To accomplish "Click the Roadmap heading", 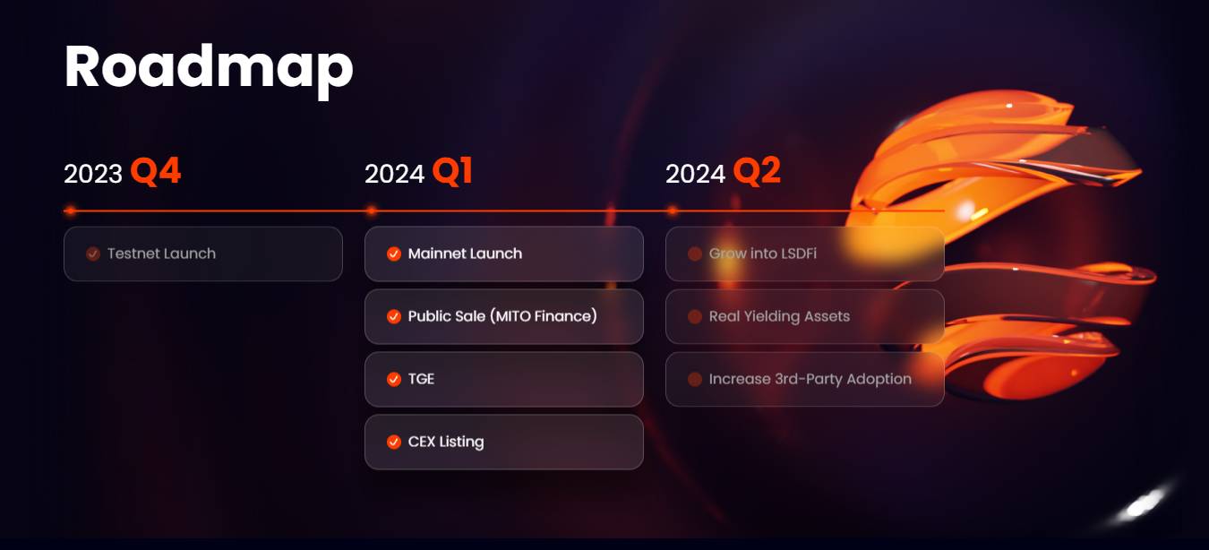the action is point(209,69).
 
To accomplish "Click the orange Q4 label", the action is point(156,172).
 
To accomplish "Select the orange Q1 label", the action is point(452,172).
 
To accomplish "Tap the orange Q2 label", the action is point(757,172).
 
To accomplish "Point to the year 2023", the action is point(93,174).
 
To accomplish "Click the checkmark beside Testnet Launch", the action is point(93,254).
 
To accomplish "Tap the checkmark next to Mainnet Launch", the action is point(394,254).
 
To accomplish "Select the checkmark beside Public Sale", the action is point(394,316).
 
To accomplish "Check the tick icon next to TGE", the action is point(394,380).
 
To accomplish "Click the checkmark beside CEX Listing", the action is point(394,442).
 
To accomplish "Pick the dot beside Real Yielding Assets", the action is point(695,316).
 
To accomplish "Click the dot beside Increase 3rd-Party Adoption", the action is point(695,380).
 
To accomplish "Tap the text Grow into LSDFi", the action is point(763,254).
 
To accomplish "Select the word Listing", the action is point(461,442).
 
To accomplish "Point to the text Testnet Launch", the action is point(161,254).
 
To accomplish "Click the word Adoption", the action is point(879,380).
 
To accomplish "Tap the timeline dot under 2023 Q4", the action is point(70,211).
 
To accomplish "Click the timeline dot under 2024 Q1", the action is point(372,211).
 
